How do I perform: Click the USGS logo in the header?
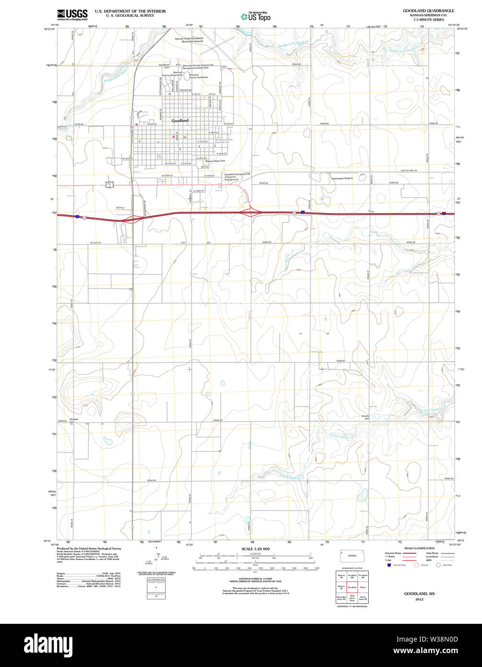72,14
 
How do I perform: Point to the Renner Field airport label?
189,40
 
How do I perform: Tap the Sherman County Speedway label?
198,76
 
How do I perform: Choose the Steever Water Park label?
215,161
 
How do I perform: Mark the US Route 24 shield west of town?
110,184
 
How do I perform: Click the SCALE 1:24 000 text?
256,549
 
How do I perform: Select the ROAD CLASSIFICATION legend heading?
419,548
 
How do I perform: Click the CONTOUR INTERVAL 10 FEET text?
256,579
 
